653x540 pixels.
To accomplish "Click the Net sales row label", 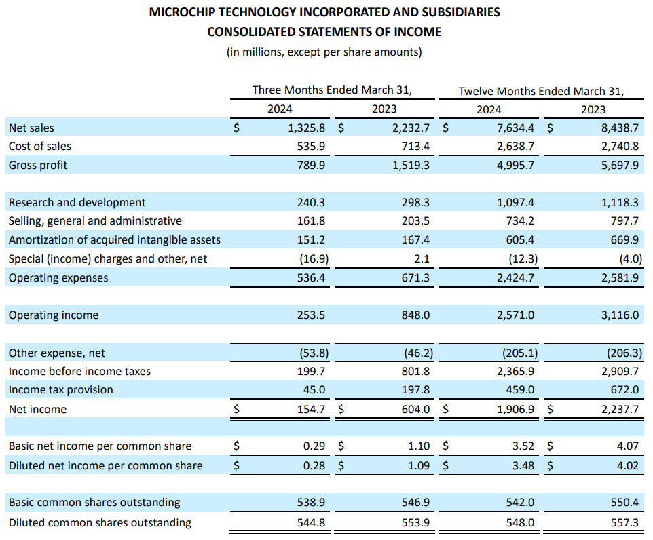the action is coord(31,128).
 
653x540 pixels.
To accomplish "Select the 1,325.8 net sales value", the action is coord(307,128).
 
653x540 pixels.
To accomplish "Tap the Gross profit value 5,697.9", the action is coord(620,166).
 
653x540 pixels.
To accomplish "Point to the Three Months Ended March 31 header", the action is coord(332,90).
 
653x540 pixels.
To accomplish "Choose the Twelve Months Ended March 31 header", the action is coord(542,91).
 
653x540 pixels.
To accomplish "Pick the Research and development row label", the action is coord(77,203).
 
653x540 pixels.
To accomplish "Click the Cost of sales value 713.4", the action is coord(415,147).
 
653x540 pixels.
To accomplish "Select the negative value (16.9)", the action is coord(314,259).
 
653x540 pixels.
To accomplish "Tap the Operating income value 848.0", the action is coord(415,315).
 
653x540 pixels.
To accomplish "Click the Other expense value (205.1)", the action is coord(520,353).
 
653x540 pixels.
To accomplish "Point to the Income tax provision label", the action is coord(61,390).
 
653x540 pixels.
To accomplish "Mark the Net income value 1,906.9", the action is coord(516,409).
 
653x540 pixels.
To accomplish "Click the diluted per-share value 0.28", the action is coord(314,465).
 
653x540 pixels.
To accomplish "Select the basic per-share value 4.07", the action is coord(628,446).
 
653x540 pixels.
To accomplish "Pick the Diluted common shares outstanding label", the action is coord(100,523).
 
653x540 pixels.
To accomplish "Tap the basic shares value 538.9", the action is coord(311,503).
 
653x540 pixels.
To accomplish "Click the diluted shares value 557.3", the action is coord(624,522).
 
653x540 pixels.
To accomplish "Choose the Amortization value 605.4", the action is coord(520,240).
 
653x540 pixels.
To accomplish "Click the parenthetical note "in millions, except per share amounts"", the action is coord(324,52).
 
